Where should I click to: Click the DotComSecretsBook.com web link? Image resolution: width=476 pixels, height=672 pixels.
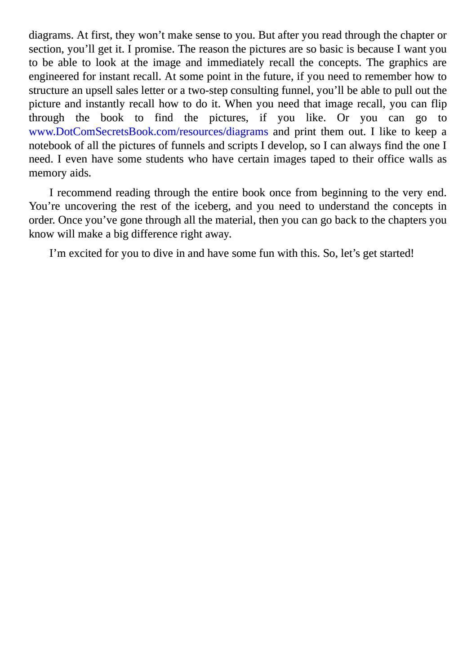coord(148,132)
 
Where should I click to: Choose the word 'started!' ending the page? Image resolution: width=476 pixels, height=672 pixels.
coord(396,253)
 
